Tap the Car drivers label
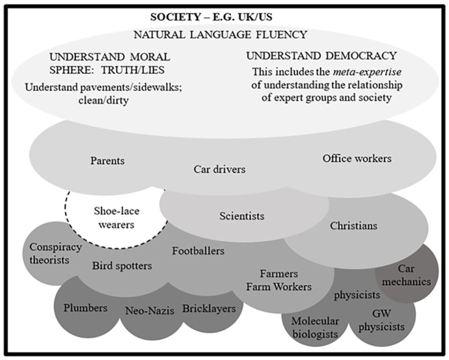pos(220,170)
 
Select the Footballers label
pos(198,250)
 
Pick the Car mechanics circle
pos(413,275)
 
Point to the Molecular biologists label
pos(315,327)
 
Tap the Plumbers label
pos(85,307)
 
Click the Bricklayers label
pos(209,309)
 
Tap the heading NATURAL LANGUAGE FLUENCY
pos(220,34)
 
